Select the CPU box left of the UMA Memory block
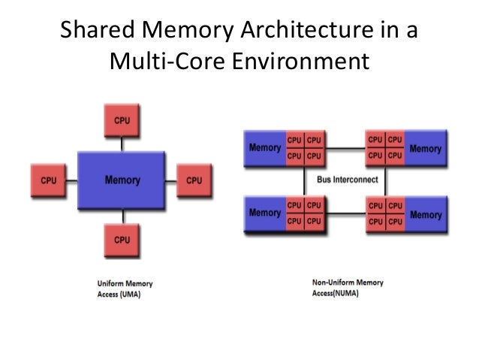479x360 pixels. click(x=48, y=180)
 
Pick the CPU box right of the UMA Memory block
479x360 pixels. click(x=194, y=180)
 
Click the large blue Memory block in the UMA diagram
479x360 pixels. click(x=122, y=180)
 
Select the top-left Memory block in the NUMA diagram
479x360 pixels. click(x=265, y=148)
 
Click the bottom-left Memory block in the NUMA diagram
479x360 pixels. click(x=265, y=213)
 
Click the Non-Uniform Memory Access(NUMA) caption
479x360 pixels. click(x=347, y=289)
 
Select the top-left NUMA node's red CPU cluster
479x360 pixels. click(x=305, y=147)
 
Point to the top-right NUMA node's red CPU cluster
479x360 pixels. click(x=385, y=147)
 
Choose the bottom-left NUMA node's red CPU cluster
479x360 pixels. click(x=305, y=213)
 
